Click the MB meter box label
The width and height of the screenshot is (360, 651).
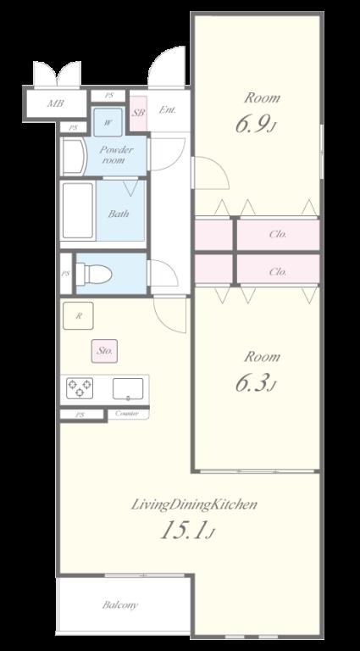click(55, 103)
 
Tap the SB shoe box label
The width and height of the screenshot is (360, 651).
click(139, 113)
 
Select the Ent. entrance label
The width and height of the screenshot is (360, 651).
click(168, 110)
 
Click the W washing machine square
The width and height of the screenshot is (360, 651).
click(108, 122)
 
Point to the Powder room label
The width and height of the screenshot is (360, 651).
click(116, 155)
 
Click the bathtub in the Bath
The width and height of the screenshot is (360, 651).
click(78, 211)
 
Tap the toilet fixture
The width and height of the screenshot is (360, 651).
click(94, 275)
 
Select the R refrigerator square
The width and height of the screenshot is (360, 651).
click(78, 315)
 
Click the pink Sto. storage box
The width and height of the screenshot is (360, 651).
click(104, 351)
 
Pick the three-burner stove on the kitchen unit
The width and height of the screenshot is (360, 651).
click(80, 388)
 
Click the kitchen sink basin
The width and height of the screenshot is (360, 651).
click(128, 389)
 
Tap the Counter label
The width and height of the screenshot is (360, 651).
click(127, 414)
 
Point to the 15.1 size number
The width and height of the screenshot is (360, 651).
click(186, 530)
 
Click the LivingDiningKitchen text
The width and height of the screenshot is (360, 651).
click(194, 505)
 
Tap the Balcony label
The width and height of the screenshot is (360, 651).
click(120, 605)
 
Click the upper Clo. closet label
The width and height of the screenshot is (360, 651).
click(278, 234)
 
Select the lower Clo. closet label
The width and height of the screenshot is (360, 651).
click(278, 272)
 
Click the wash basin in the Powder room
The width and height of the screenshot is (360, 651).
click(74, 158)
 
